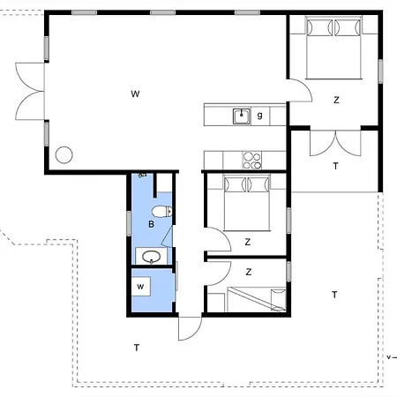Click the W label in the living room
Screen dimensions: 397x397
[135, 94]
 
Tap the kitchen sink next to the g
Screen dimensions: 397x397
[242, 116]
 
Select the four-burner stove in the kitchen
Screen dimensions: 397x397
[252, 161]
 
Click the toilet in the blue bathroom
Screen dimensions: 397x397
[162, 212]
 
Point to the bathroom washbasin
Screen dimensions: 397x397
[151, 257]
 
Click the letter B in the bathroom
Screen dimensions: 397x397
[151, 224]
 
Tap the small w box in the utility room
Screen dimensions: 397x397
[140, 286]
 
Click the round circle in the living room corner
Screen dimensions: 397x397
[64, 155]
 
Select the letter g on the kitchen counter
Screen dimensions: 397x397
[259, 115]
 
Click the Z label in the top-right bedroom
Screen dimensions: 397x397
[336, 100]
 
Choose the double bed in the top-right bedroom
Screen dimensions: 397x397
[333, 48]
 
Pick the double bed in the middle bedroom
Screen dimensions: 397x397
[247, 203]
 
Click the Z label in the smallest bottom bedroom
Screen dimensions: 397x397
[249, 272]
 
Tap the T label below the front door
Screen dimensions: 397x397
[137, 348]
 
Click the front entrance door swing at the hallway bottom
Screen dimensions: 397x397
[190, 328]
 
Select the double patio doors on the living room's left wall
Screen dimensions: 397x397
[29, 91]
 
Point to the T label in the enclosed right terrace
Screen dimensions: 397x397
[335, 166]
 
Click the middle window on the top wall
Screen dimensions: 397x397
[163, 12]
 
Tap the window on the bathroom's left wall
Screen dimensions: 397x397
[129, 223]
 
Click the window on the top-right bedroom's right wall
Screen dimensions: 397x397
[380, 71]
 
